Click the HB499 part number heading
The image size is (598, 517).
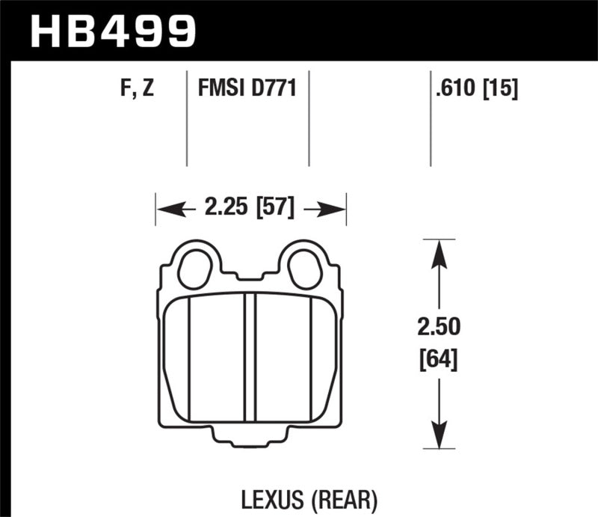(x=112, y=31)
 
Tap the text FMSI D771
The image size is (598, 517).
(x=247, y=91)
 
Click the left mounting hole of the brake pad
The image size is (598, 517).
(x=196, y=268)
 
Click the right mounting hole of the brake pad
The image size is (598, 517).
(x=305, y=268)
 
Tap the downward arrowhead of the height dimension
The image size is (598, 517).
(x=440, y=435)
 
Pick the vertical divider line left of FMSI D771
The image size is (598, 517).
(x=185, y=120)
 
